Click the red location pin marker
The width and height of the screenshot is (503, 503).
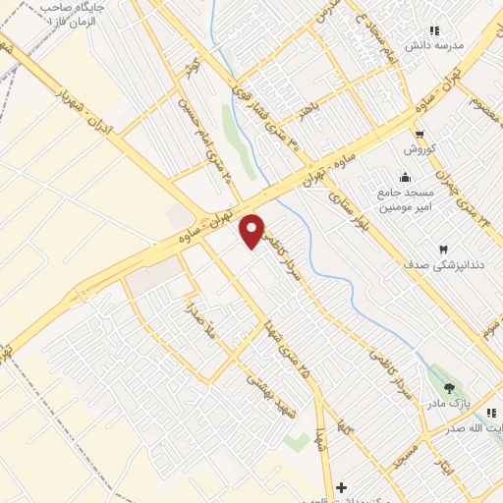[x=253, y=230]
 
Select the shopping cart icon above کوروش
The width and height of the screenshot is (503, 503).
[x=419, y=135]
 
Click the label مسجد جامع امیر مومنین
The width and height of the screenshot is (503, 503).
[x=420, y=199]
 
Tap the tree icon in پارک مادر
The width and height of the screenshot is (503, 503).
[x=450, y=389]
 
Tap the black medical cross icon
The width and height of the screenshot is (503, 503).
[x=341, y=488]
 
